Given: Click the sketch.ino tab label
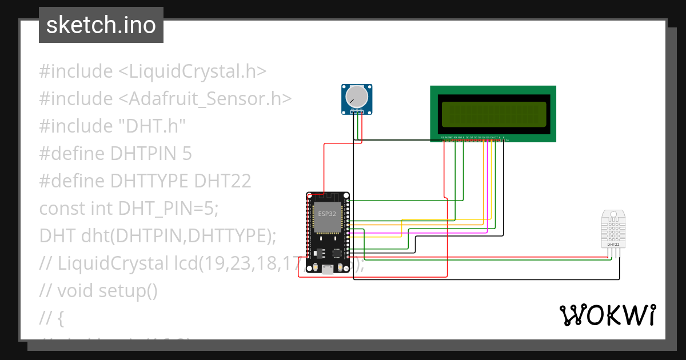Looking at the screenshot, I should pos(101,26).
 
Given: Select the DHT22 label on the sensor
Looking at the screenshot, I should pos(613,245).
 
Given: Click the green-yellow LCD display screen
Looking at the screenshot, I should pos(493,113).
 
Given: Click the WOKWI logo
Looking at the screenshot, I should pos(607,315).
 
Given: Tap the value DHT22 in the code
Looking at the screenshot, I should pos(223,181).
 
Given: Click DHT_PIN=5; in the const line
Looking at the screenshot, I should pos(169,209).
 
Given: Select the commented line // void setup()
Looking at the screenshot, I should pos(98,290).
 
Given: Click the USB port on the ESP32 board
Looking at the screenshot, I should pos(328,270).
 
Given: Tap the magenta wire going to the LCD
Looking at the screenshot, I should pos(486,189).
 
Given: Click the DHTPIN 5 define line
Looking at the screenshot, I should pos(115,154).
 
